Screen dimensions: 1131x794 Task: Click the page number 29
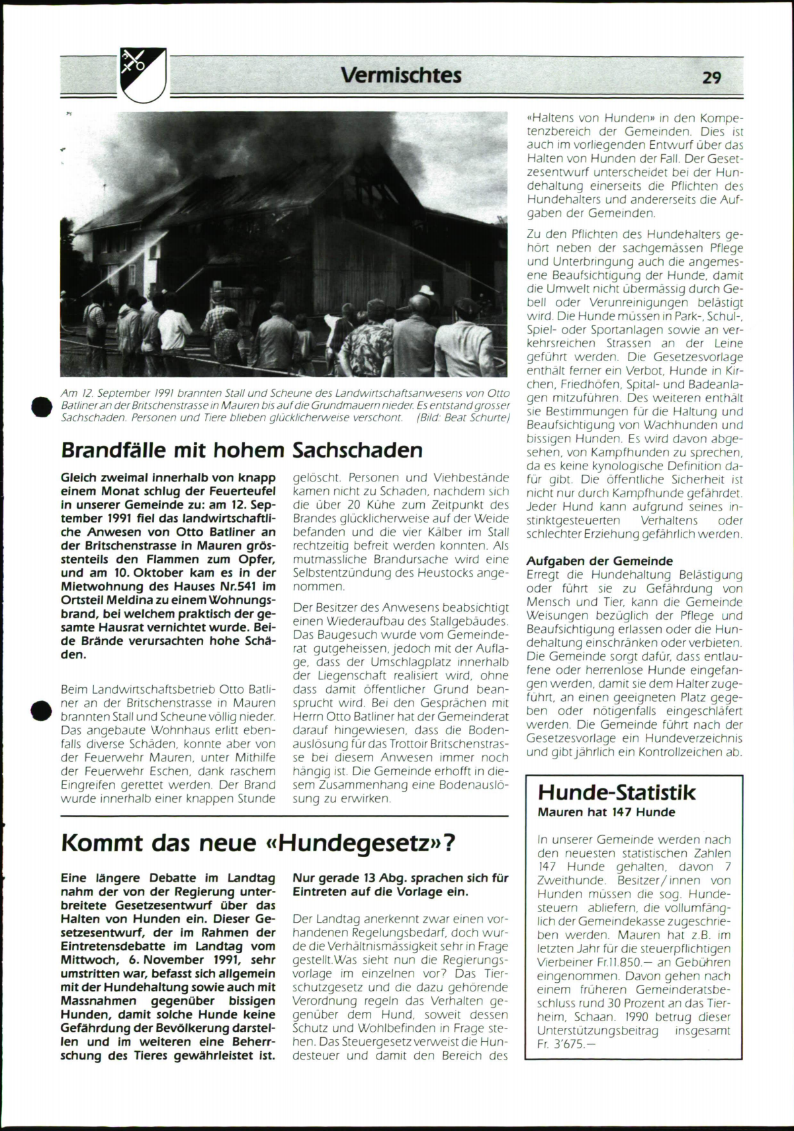[711, 77]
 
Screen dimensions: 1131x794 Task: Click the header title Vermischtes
[401, 75]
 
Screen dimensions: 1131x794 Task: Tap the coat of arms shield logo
[142, 75]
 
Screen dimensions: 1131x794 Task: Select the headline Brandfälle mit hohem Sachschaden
[242, 450]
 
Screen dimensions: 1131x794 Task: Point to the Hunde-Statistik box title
[617, 792]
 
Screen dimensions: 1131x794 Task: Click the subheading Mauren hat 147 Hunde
[606, 812]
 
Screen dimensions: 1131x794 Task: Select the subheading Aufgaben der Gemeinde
[599, 561]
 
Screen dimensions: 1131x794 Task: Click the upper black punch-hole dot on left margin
[42, 406]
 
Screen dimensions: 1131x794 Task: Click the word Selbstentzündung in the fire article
[338, 573]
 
